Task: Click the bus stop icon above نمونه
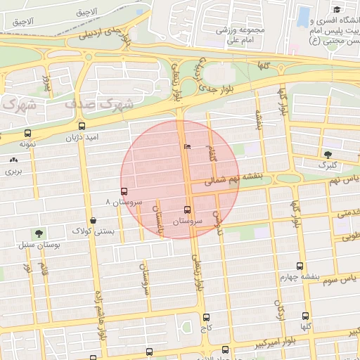pos(28,133)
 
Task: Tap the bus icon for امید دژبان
pos(82,127)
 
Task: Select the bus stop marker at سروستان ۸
pos(124,191)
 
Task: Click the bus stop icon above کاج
pos(206,317)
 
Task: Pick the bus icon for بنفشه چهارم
pos(300,266)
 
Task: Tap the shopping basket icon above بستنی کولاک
pos(94,220)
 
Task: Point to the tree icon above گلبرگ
pos(328,155)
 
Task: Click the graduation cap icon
pos(337,10)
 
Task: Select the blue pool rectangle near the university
pos(304,15)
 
